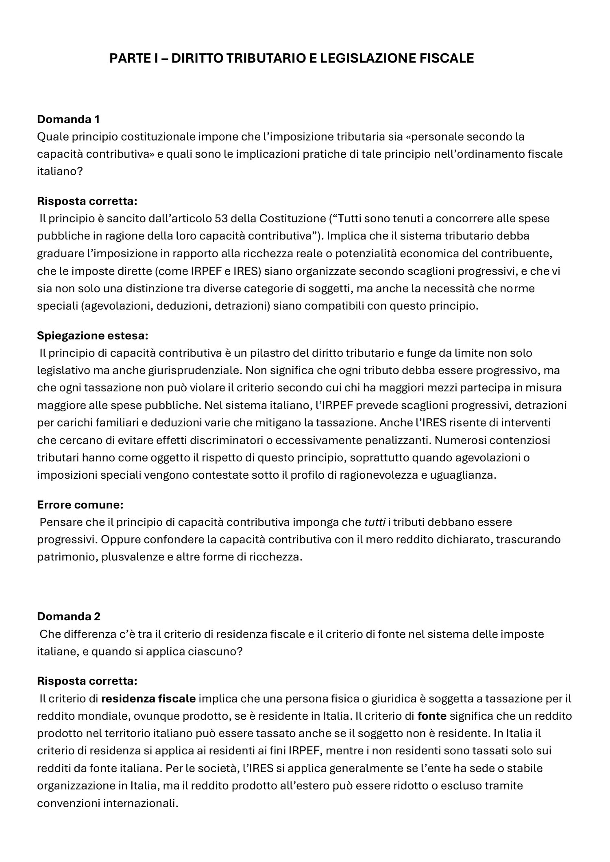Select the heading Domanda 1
[x=68, y=119]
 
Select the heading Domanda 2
[x=69, y=616]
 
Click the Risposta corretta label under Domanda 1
[x=87, y=201]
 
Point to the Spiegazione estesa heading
[x=93, y=336]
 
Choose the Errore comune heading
[x=80, y=505]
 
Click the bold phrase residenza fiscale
[x=148, y=699]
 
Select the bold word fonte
[x=432, y=716]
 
